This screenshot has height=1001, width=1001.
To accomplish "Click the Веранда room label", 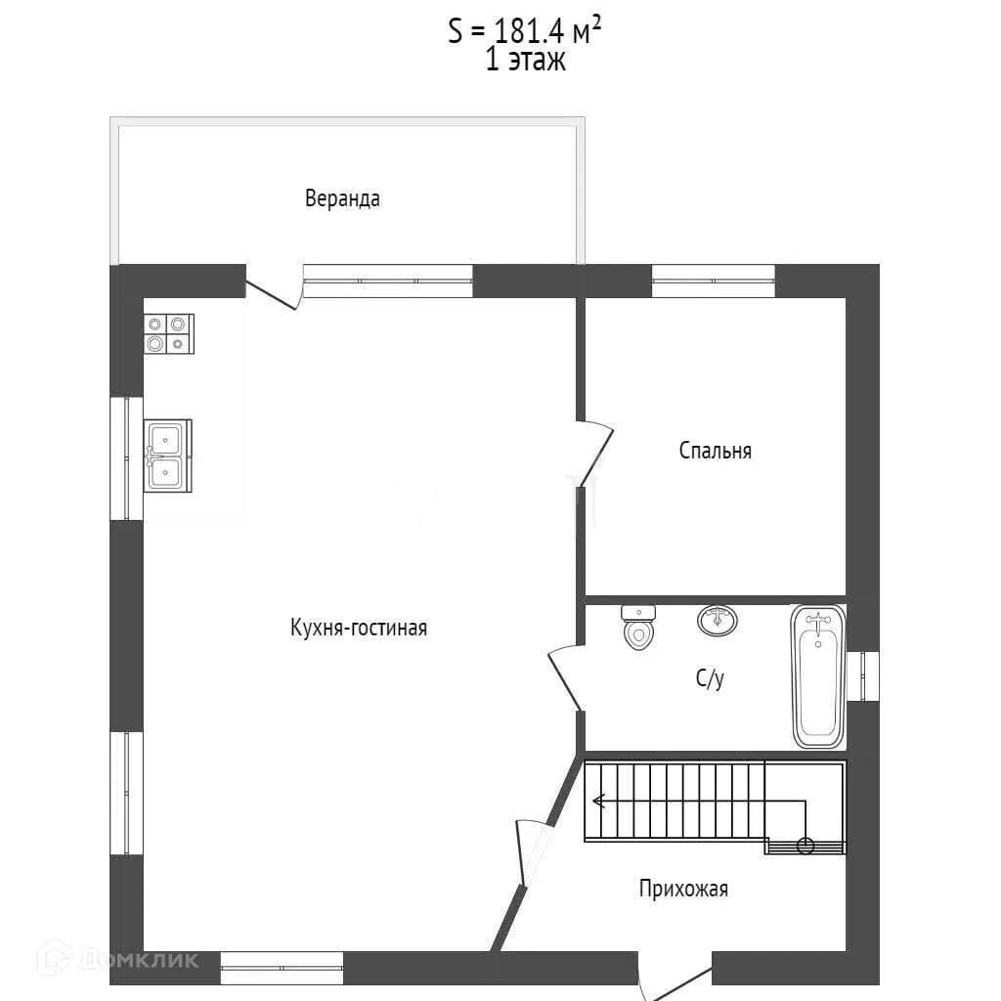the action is coord(342,198).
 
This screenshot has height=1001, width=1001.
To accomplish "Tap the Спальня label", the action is coord(715,451).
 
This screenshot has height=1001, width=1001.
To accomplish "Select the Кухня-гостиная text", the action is coord(359,628).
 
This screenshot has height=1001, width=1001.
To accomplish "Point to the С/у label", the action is coord(710,678).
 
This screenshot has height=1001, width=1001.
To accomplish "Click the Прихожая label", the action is coord(683,889).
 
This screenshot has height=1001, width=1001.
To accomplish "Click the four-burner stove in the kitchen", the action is coord(168,334).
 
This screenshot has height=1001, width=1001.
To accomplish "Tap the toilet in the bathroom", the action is coord(638,627).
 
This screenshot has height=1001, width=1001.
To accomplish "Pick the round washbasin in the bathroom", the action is coord(717,620).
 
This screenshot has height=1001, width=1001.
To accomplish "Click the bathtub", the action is coord(818,676).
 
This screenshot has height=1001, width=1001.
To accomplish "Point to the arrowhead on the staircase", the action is coord(598,801).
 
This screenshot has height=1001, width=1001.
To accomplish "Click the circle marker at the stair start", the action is coord(805,846).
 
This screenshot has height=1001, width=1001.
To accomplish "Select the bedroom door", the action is coord(594,455).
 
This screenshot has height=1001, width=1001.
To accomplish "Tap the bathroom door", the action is coord(566,678).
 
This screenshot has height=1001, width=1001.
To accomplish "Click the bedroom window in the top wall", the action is coord(713,281).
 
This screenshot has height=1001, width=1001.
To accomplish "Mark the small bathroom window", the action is coord(863,676).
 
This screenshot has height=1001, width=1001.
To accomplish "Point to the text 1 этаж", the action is coord(525,61).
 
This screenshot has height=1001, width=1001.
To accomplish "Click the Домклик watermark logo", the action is coord(117,959).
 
